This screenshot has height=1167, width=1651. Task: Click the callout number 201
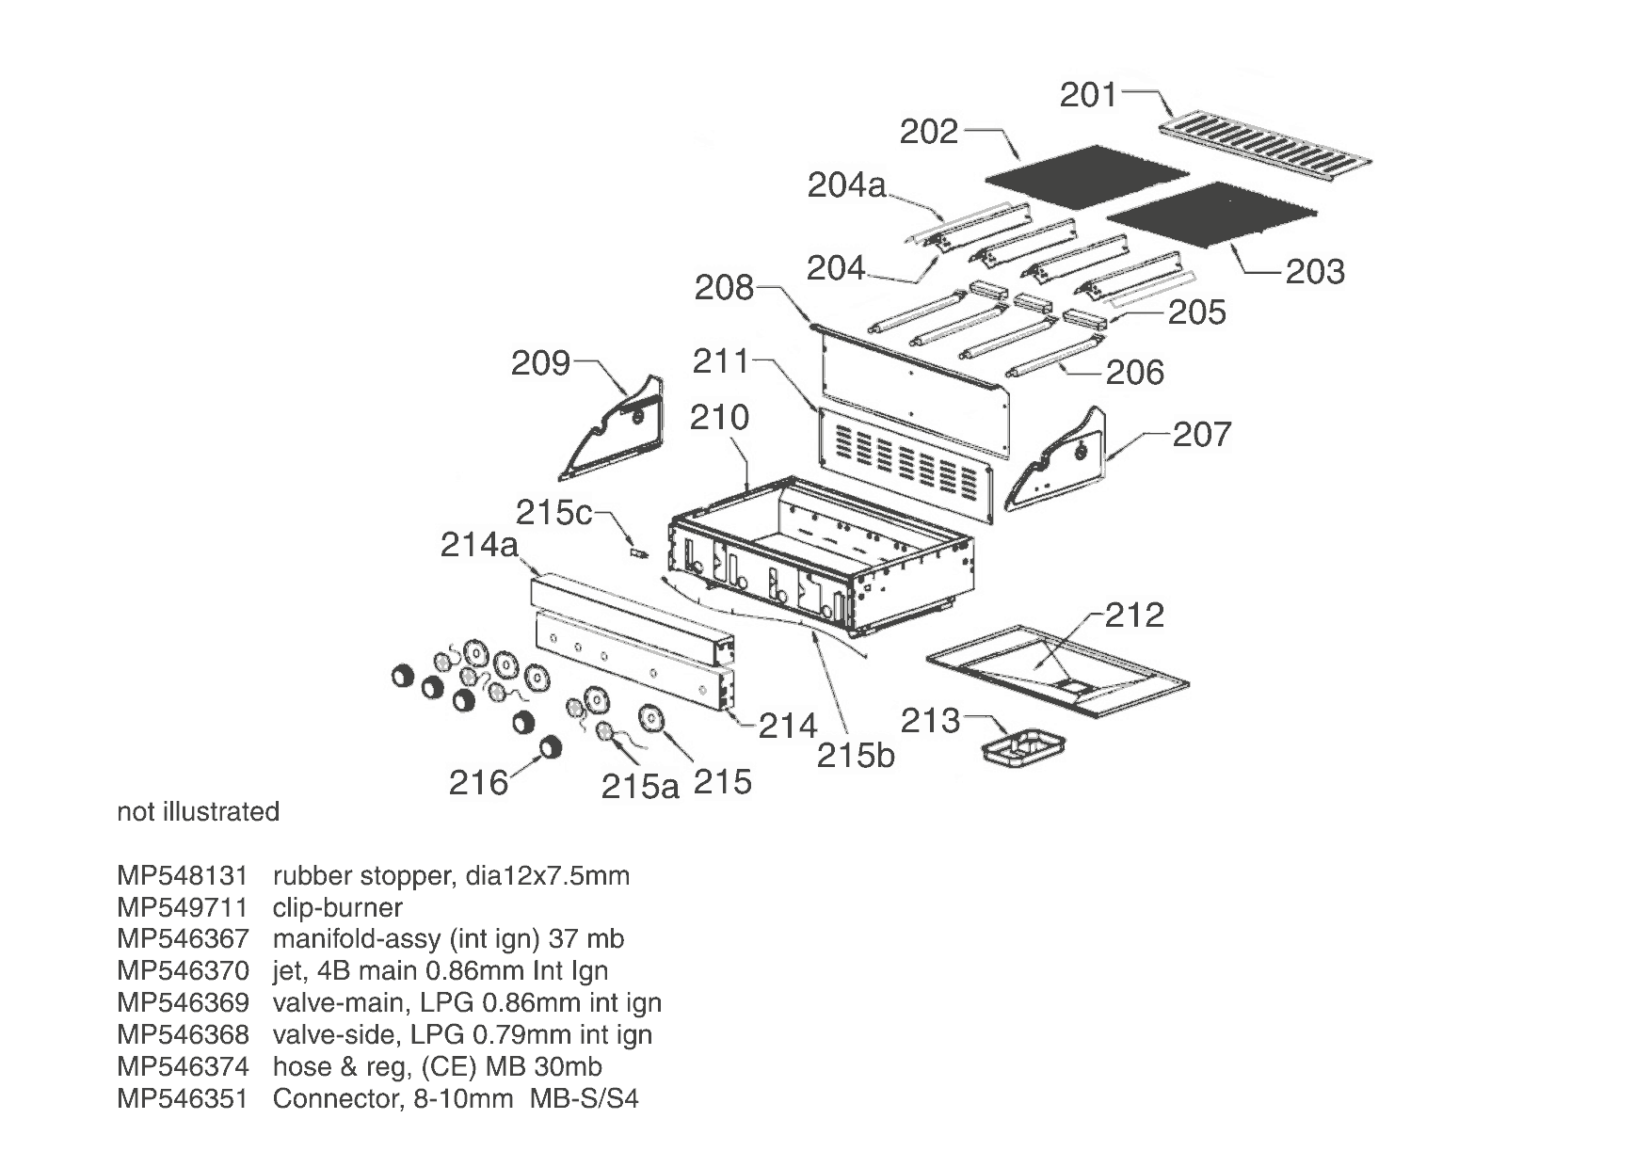pos(1088,95)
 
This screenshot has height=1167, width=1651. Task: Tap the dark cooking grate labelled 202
pos(1087,177)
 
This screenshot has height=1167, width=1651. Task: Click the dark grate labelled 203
pos(1214,216)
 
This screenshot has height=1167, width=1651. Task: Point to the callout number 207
pos(1202,434)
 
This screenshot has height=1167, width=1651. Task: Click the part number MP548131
pos(183,876)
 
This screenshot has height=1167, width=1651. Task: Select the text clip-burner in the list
pos(338,908)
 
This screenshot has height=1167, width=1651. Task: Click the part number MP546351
pos(183,1098)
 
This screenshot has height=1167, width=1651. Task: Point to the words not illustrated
pos(199,812)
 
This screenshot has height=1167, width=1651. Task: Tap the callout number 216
pos(478,782)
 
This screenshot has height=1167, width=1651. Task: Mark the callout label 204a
pos(847,186)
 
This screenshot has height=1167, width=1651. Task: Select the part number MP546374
pos(183,1066)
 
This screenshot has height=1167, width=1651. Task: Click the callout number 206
pos(1135,373)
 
